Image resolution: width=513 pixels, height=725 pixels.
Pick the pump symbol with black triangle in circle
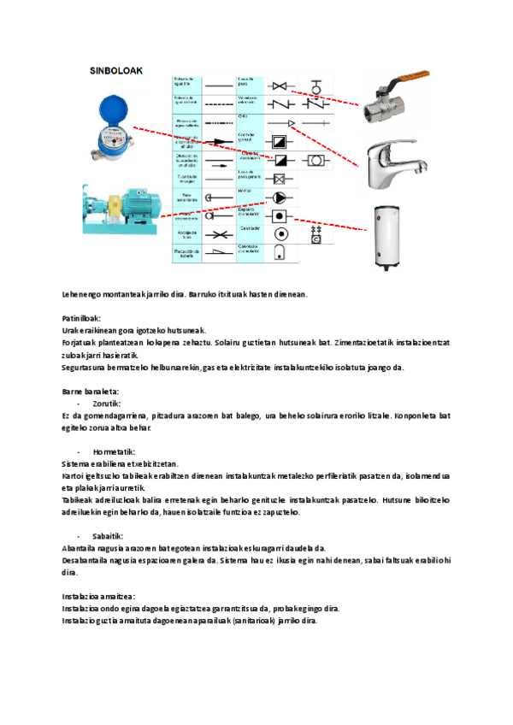coord(280,196)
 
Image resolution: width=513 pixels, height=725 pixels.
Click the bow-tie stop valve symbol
coord(280,85)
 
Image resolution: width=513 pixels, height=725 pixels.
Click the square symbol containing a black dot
coord(280,215)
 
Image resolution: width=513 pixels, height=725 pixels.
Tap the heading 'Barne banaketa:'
coord(90,391)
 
